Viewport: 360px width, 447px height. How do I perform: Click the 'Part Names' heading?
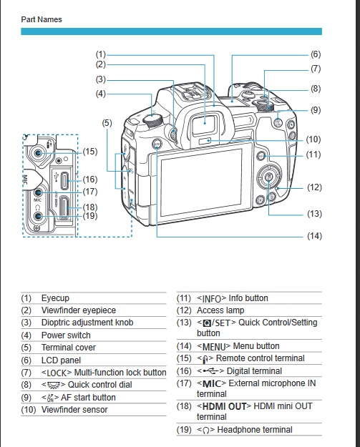pos(41,19)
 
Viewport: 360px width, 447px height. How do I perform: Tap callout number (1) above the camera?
pos(101,54)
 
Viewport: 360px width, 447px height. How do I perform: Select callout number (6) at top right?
pos(315,54)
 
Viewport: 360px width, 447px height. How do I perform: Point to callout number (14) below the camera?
pos(314,236)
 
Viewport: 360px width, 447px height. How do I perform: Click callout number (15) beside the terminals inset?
pos(89,151)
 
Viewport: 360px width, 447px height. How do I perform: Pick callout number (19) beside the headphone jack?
pos(89,215)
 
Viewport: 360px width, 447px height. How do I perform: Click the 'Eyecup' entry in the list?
pos(55,298)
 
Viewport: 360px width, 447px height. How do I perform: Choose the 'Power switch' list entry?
pos(66,335)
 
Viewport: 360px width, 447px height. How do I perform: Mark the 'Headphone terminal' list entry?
pos(258,430)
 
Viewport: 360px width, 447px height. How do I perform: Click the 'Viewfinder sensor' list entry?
pos(75,410)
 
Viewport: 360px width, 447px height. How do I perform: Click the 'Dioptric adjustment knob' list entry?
pos(87,323)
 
